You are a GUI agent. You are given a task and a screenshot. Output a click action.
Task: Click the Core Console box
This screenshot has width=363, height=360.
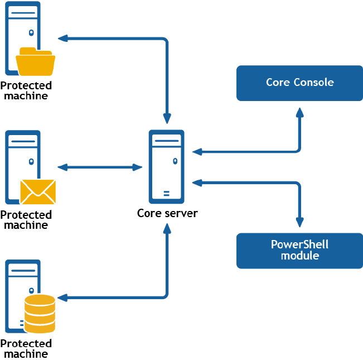coord(299,83)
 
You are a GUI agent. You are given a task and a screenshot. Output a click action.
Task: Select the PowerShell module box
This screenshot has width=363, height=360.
coord(299,251)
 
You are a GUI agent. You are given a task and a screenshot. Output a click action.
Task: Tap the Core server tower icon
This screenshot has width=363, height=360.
coord(167,166)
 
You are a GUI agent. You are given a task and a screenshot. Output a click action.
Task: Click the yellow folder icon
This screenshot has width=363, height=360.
coord(36,61)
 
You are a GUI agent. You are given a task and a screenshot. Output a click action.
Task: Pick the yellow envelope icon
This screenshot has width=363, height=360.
coord(38,192)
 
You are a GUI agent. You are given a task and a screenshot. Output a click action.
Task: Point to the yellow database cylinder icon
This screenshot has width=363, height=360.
coord(40,314)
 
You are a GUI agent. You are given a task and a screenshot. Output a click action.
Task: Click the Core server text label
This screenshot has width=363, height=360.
coord(167,213)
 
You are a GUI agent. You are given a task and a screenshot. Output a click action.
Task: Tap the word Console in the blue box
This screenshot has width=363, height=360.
coord(314,82)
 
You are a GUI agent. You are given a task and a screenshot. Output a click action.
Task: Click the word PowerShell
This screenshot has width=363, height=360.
coord(299,244)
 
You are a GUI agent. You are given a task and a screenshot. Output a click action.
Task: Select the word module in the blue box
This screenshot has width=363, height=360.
coord(300,256)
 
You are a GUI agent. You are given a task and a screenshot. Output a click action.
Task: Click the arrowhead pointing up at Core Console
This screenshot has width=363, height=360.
coord(300,113)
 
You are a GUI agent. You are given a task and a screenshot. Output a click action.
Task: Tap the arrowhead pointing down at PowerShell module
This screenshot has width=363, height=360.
coord(300,222)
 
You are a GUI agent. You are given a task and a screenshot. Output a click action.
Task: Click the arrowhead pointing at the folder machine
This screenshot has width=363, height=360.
coord(63,39)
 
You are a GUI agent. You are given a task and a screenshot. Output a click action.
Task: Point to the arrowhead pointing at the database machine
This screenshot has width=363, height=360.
coord(62,297)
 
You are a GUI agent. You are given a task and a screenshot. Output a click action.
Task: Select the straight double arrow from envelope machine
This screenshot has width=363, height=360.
coord(100,167)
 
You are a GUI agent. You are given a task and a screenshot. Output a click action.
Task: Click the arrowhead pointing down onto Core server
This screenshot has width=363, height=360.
coord(167,119)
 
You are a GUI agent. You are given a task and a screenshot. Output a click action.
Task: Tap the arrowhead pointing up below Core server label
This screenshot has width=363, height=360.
coord(167,228)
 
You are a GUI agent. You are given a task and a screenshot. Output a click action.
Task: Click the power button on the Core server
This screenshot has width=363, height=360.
coord(175,161)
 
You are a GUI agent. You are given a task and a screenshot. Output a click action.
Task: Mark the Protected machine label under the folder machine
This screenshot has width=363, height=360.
coord(26,91)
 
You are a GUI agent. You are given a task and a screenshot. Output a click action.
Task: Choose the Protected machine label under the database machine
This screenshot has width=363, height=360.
coord(26,349)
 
